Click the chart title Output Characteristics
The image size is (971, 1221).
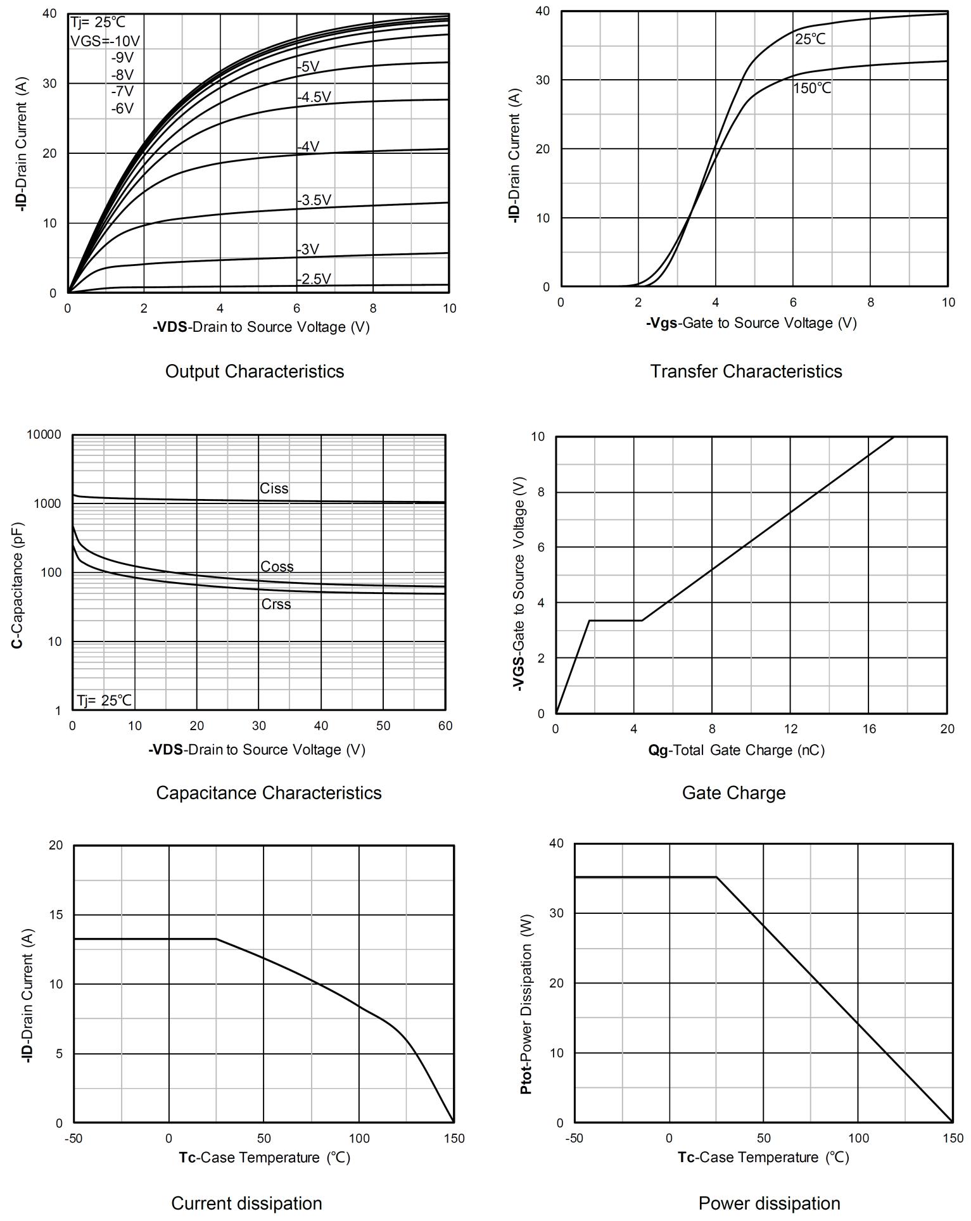[255, 371]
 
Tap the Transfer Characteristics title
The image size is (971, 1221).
[746, 371]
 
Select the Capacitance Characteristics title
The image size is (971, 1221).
[269, 793]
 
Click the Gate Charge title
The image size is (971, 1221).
[733, 793]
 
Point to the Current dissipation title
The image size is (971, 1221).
[246, 1203]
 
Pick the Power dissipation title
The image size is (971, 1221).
[769, 1203]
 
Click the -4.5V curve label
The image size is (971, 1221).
[314, 97]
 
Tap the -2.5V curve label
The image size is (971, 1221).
[314, 279]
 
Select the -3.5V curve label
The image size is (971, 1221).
[314, 200]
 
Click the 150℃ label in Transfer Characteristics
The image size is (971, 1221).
[812, 88]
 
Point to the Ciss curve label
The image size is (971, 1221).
[274, 488]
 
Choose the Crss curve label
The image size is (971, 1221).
[276, 604]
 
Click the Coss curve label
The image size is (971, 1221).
[277, 566]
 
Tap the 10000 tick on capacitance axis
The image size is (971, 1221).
[44, 434]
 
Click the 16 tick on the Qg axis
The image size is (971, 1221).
[868, 729]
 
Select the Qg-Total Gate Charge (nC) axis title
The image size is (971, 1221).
[736, 750]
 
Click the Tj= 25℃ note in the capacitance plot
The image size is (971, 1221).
[105, 700]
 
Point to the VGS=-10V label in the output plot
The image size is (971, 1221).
[105, 41]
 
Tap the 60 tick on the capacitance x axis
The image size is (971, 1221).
[445, 726]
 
